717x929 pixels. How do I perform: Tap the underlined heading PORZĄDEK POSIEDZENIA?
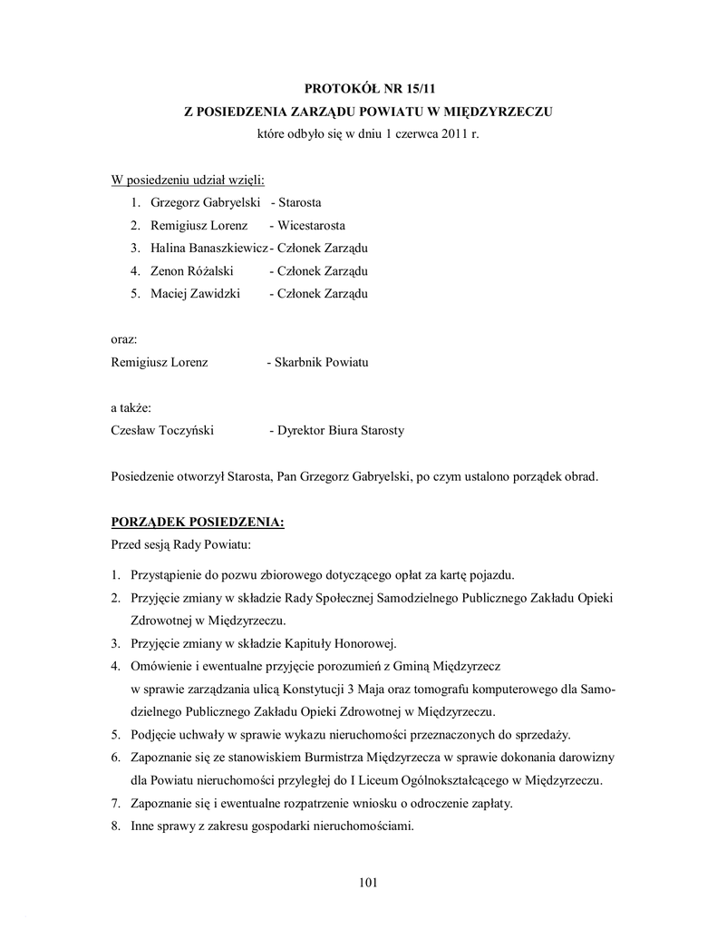pyautogui.click(x=198, y=522)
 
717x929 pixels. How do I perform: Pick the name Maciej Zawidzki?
pyautogui.click(x=186, y=293)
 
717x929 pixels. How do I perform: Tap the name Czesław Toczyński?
pyautogui.click(x=162, y=430)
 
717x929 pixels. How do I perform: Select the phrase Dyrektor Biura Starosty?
pyautogui.click(x=341, y=430)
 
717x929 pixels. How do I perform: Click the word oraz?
pyautogui.click(x=124, y=339)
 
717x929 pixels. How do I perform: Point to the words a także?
pyautogui.click(x=131, y=407)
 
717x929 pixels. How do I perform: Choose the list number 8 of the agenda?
pyautogui.click(x=116, y=826)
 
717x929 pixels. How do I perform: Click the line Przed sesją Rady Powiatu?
pyautogui.click(x=180, y=544)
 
